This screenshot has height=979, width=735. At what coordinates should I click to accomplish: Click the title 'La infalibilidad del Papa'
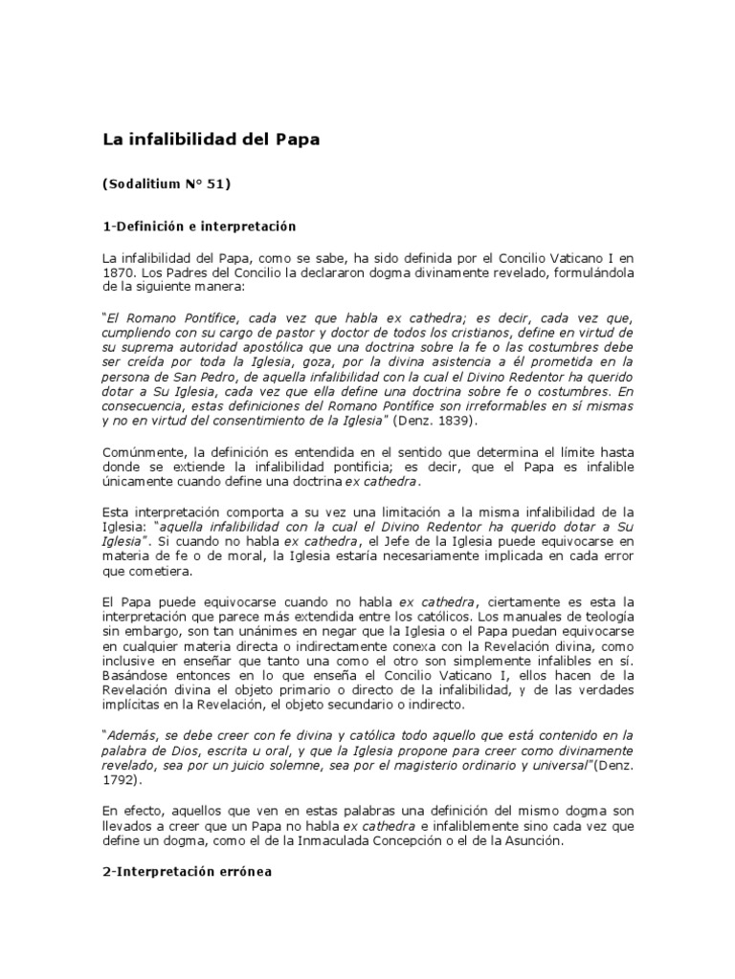211,139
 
